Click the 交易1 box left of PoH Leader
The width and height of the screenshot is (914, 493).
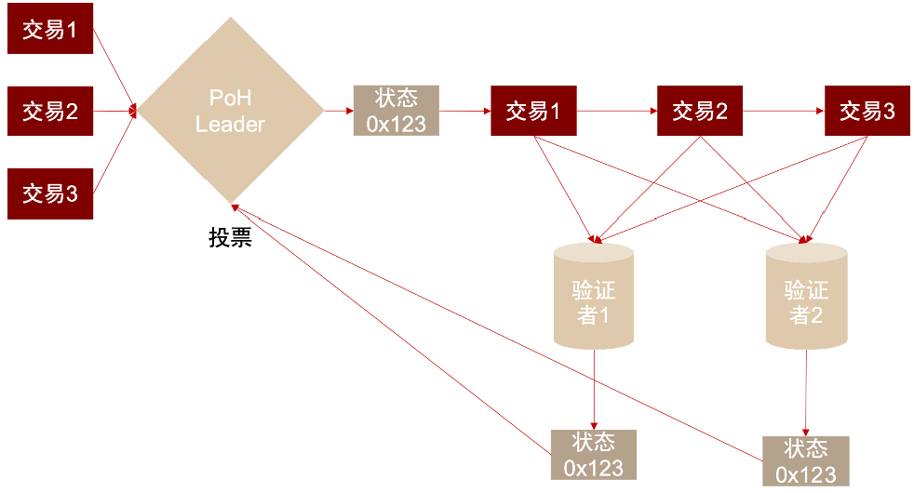[50, 30]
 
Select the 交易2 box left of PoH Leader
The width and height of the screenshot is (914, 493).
[50, 112]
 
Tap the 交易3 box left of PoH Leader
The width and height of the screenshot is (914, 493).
[50, 193]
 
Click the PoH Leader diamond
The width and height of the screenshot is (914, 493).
[231, 111]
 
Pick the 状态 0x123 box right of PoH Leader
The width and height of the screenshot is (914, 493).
[396, 111]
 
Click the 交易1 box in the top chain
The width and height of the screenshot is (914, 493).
[533, 111]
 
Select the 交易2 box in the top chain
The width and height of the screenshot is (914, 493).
[700, 111]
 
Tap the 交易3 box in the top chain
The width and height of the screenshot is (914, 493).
[867, 111]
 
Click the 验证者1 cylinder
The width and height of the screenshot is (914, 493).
[593, 296]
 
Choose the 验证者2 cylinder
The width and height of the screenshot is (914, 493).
[806, 296]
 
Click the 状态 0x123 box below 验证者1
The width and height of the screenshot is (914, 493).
[593, 454]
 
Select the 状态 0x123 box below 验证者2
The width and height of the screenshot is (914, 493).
[806, 460]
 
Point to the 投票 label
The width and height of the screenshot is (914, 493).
[230, 237]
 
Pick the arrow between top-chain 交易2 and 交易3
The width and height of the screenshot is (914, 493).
[783, 111]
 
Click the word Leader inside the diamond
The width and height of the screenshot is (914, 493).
[231, 124]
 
